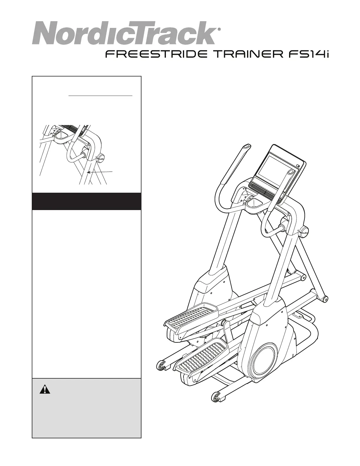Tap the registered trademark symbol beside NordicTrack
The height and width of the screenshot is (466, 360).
[219, 29]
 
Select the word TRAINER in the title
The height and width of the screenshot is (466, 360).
[246, 54]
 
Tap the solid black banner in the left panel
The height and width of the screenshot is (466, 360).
[87, 201]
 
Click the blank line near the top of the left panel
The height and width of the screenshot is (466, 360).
[100, 96]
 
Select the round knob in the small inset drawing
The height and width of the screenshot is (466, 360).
[101, 158]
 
